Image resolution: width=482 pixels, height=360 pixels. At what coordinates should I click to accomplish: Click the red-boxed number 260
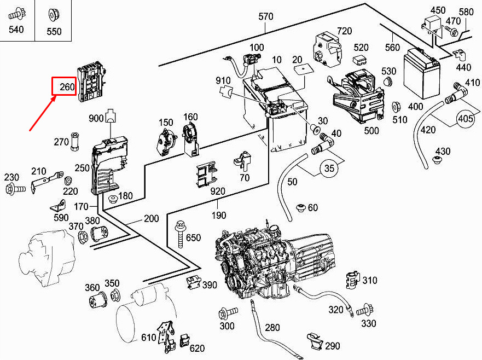pos(63,86)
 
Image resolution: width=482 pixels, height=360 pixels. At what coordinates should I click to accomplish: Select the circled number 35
pos(329,169)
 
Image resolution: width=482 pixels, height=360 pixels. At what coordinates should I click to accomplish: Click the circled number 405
pos(466,118)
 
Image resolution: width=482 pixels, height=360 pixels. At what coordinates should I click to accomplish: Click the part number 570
pos(265,16)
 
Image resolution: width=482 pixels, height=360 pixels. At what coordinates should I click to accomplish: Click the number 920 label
pos(218,191)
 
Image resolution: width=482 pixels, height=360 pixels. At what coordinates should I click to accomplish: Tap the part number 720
pos(344,31)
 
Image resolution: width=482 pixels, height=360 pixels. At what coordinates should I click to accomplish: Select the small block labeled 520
pos(361,59)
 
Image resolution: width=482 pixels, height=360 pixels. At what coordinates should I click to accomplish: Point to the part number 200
pos(151,219)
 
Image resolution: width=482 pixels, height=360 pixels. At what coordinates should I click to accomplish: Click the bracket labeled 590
pos(57,207)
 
